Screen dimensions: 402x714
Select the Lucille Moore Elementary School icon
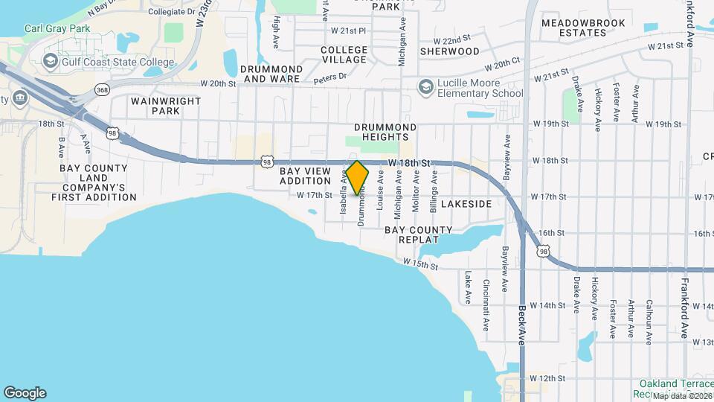click(x=426, y=88)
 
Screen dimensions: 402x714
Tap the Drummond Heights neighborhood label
click(x=382, y=132)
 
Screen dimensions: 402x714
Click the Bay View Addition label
click(x=305, y=176)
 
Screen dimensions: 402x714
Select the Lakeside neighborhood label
click(x=466, y=203)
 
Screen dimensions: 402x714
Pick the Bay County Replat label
click(x=418, y=235)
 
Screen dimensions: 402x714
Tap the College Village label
click(x=344, y=54)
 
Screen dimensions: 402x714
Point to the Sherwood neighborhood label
click(x=449, y=51)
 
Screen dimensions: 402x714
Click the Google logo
click(x=25, y=393)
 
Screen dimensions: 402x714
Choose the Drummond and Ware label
click(x=272, y=73)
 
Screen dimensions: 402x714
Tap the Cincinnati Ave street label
click(x=486, y=296)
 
